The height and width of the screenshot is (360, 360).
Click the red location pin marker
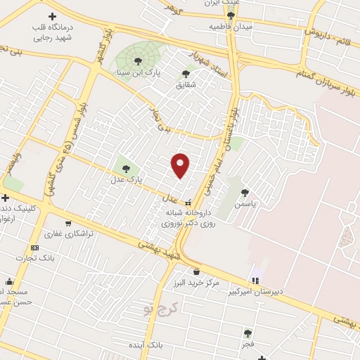181,165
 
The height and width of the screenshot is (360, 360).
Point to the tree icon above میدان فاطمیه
231,15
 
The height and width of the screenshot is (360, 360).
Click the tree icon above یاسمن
245,192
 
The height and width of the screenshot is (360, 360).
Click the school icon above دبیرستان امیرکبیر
255,281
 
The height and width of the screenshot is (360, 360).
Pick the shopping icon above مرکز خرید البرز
195,271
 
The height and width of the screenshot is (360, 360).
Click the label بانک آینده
146,346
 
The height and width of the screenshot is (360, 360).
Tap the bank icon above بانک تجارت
35,247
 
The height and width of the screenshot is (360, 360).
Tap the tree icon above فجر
247,333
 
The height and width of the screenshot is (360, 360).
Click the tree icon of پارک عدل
126,168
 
